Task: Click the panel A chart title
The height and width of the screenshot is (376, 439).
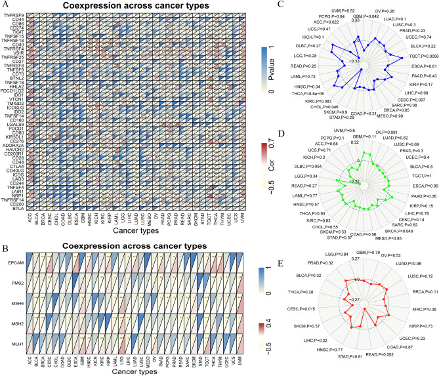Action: [133, 6]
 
